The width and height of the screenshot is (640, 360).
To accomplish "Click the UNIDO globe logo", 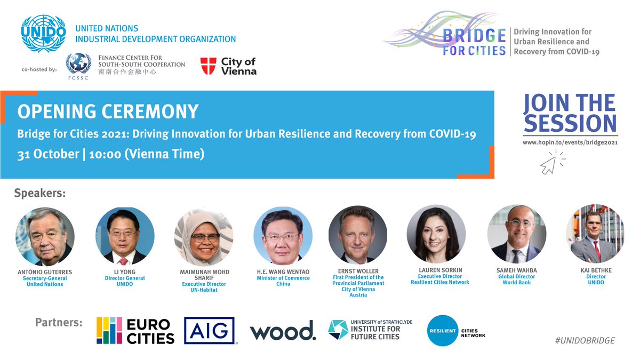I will (44, 33).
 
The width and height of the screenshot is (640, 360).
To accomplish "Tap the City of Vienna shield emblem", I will (208, 66).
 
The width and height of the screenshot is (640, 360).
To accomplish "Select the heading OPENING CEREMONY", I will (108, 111).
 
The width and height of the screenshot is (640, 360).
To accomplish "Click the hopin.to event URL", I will (570, 142).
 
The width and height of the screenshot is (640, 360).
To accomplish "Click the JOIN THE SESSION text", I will (570, 113).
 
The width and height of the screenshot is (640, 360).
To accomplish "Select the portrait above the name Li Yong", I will (125, 236).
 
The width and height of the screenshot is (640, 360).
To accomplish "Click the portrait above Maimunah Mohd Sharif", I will (204, 236).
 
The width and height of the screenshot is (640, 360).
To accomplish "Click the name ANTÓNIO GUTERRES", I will (45, 272).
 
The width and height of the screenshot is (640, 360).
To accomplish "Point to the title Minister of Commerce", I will (283, 278).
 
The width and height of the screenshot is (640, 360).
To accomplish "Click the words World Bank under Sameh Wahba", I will (517, 283).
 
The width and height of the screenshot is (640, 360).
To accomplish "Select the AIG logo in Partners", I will (210, 331).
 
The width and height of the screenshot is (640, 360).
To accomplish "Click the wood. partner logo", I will (283, 331).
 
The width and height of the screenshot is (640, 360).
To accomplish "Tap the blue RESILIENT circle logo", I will (443, 331).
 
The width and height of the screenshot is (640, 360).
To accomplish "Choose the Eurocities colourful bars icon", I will (108, 331).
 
